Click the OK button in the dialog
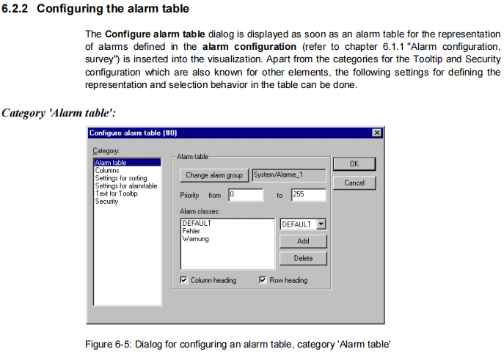click(354, 164)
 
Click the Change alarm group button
click(213, 175)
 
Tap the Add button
click(303, 241)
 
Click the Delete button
click(303, 258)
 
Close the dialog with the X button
click(377, 133)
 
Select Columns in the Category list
click(107, 171)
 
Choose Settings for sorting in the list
click(121, 178)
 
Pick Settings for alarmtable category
click(125, 186)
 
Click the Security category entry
click(107, 201)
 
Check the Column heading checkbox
click(183, 280)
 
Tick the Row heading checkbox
click(263, 280)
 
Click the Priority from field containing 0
click(244, 195)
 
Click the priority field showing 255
click(307, 195)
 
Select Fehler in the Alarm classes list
click(191, 231)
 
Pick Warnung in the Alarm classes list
click(194, 238)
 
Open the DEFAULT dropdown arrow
click(321, 224)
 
